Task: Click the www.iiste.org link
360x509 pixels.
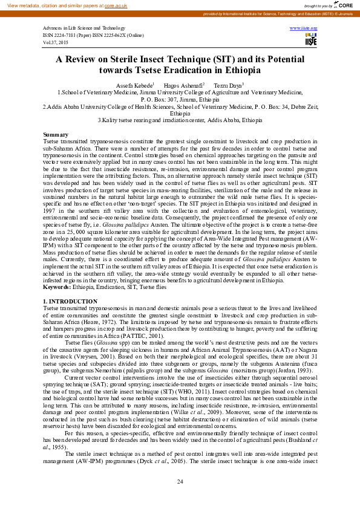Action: point(304,28)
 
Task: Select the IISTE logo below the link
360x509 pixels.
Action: point(310,41)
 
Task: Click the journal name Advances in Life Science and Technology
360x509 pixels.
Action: point(83,28)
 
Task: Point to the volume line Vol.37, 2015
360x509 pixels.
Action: point(55,43)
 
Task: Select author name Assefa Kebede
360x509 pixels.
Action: point(134,85)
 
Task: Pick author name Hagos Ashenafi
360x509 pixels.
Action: point(185,85)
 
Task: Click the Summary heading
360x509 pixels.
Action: point(56,134)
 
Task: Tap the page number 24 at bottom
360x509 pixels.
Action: point(180,481)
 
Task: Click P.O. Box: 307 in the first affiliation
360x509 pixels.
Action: point(164,99)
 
